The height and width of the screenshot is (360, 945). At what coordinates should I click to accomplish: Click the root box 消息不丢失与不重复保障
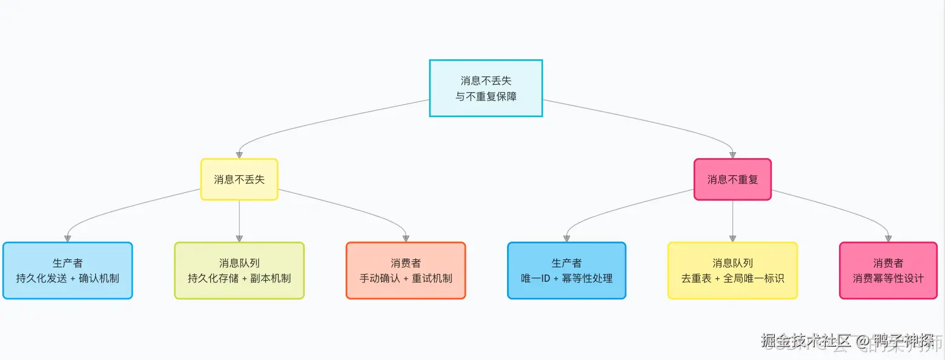point(486,88)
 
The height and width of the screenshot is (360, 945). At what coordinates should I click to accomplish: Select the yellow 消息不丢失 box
point(239,179)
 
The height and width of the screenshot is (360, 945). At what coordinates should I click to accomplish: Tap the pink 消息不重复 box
point(732,179)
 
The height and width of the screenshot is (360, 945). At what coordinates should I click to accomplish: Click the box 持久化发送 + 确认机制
point(67,271)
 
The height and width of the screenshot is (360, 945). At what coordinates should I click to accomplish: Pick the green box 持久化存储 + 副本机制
point(239,271)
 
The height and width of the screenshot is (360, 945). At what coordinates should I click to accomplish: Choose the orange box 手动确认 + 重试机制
point(406,271)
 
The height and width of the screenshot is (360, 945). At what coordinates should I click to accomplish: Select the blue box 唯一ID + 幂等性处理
point(566,271)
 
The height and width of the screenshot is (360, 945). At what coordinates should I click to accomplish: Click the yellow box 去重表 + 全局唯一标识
point(732,271)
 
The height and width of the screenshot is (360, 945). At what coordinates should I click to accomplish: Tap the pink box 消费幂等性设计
point(888,271)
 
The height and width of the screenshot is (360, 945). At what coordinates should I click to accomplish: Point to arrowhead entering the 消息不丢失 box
point(239,155)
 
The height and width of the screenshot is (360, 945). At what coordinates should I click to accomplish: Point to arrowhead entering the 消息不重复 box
point(732,155)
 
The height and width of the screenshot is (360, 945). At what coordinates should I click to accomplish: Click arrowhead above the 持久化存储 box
point(239,238)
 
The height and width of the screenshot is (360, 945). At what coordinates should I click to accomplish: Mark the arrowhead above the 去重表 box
point(732,238)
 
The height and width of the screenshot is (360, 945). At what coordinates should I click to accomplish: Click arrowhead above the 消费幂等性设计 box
point(888,238)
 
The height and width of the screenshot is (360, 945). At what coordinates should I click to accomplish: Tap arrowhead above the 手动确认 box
point(406,238)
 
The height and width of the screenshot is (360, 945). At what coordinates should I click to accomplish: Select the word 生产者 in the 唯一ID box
point(566,263)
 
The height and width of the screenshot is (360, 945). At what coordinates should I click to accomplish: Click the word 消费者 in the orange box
point(406,263)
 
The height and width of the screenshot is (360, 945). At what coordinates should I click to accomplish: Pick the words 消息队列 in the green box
point(239,263)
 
